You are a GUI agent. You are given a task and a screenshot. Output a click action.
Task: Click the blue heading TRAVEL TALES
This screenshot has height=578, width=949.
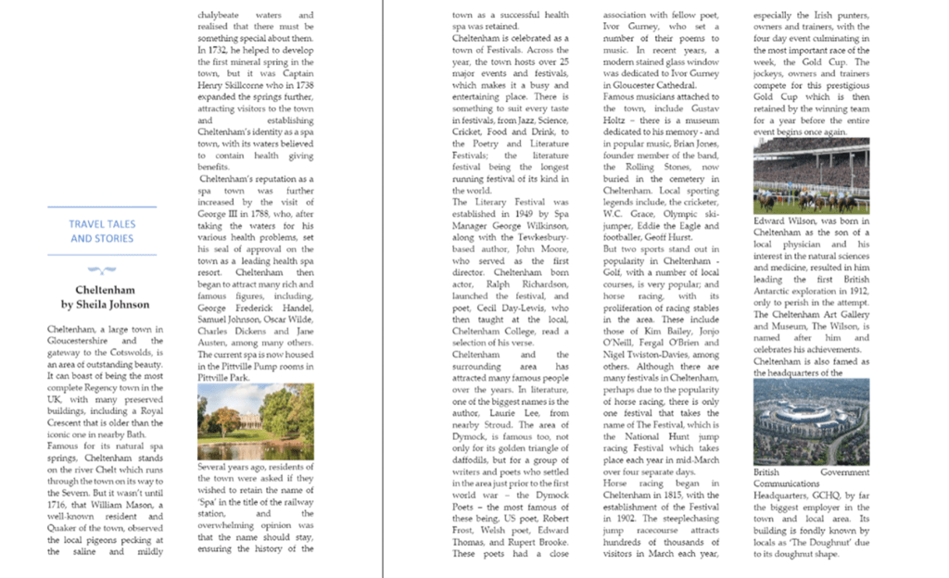pyautogui.click(x=102, y=224)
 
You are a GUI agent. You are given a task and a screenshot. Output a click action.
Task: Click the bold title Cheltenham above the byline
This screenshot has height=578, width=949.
pyautogui.click(x=105, y=290)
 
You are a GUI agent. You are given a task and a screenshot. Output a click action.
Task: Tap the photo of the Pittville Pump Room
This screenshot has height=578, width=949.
pyautogui.click(x=255, y=422)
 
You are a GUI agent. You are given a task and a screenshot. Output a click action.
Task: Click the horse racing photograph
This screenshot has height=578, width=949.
pyautogui.click(x=811, y=176)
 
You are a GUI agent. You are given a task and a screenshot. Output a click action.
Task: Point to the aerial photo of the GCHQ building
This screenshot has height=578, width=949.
pyautogui.click(x=811, y=421)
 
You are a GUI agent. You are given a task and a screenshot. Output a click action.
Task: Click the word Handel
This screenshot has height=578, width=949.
pyautogui.click(x=296, y=307)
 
